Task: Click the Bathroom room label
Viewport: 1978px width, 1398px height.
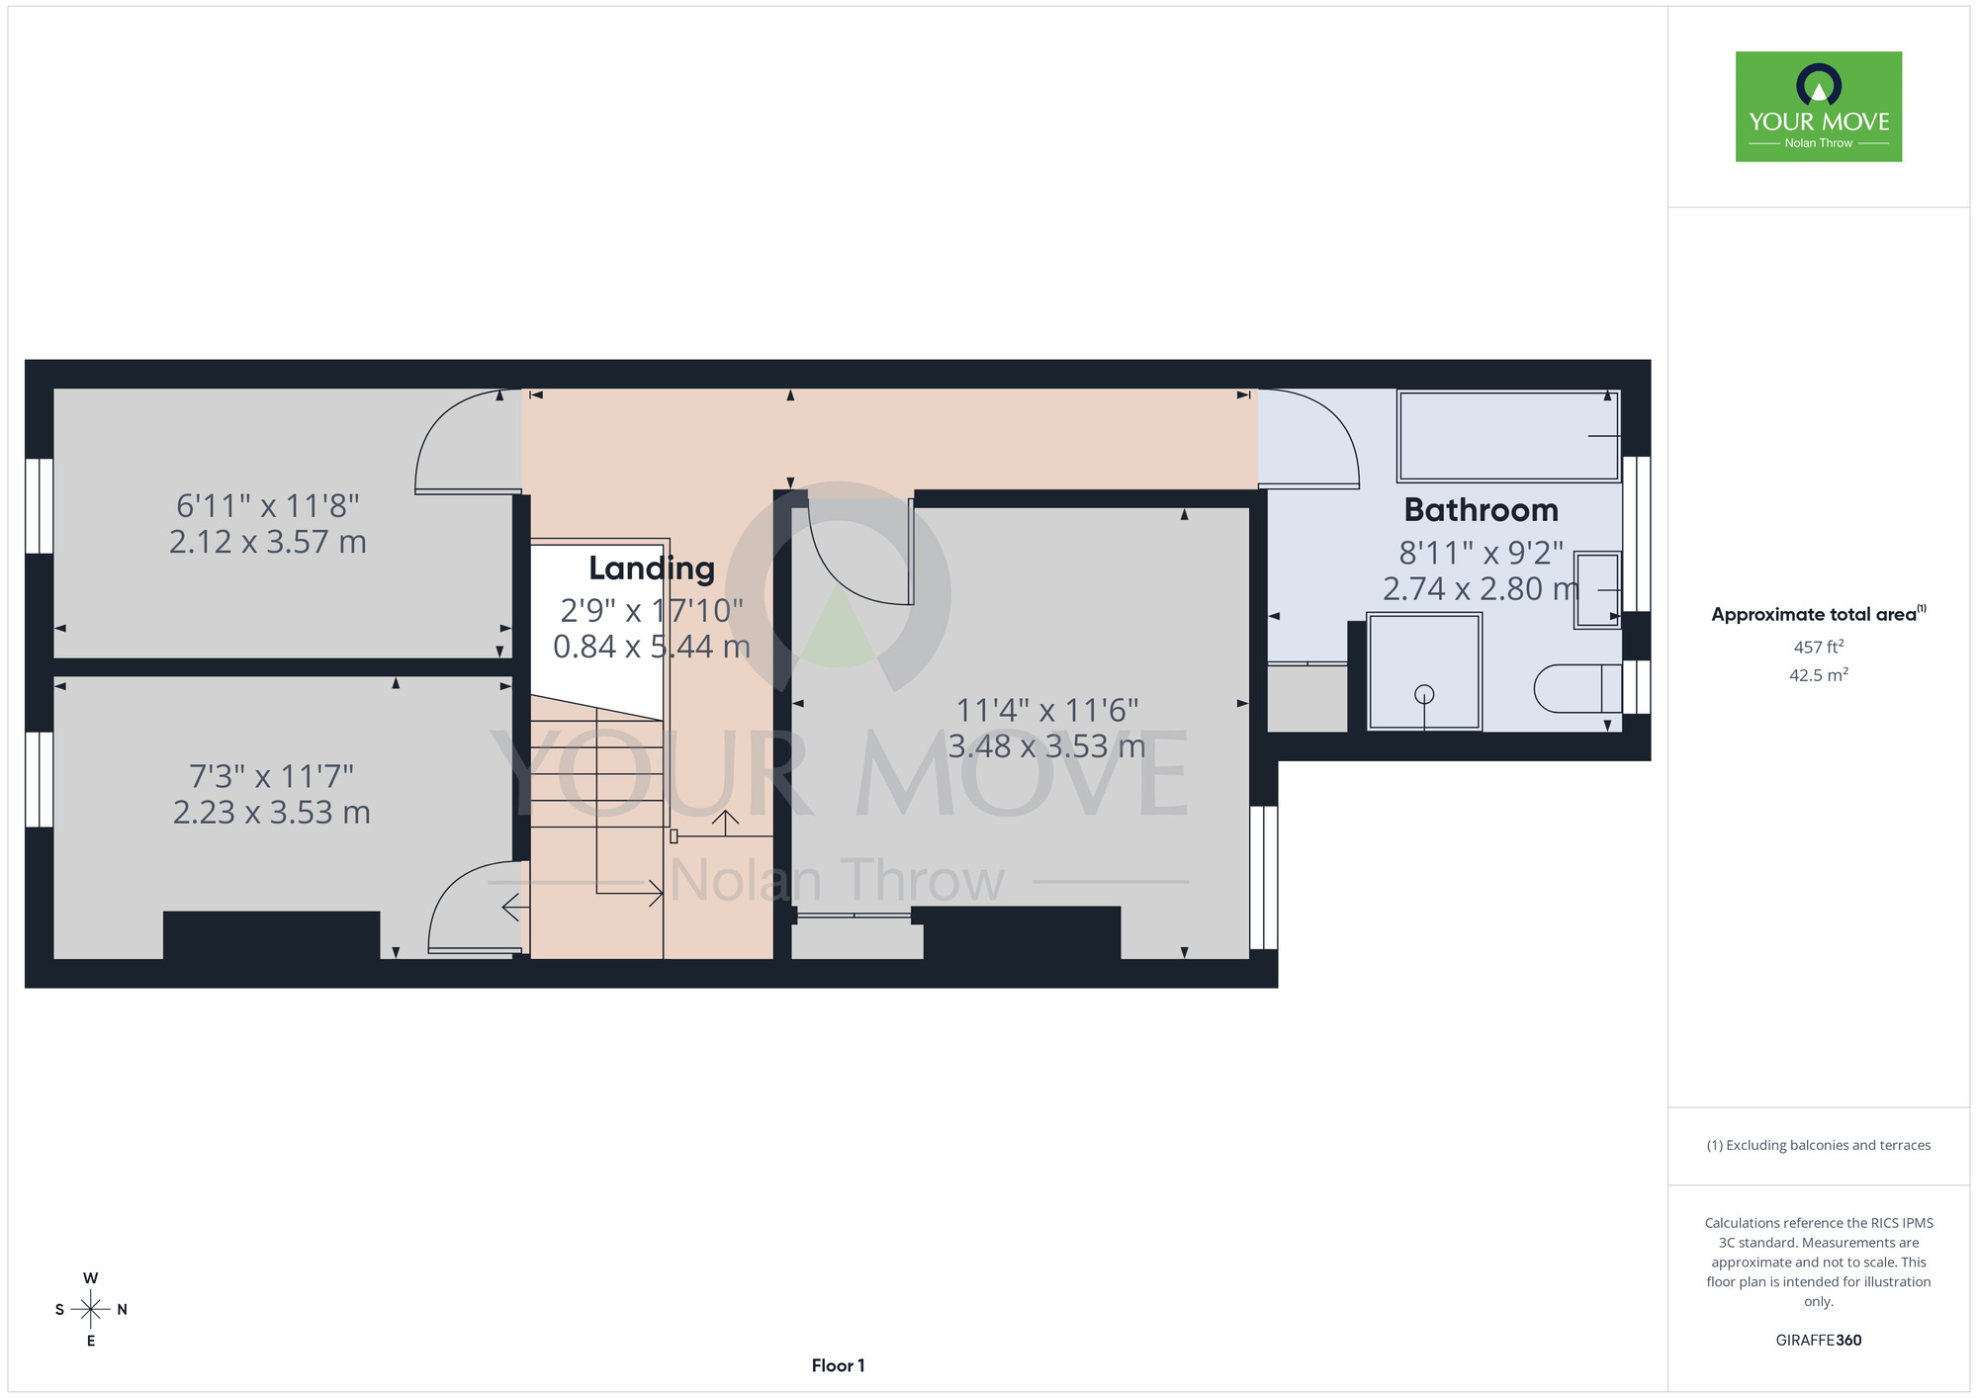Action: click(x=1481, y=510)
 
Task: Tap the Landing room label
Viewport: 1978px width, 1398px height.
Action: click(x=652, y=568)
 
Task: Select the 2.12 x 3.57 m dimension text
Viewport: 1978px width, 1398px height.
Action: click(x=268, y=542)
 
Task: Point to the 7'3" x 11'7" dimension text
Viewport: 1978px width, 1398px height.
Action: click(x=271, y=776)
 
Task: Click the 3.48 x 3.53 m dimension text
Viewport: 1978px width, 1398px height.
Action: click(x=1047, y=745)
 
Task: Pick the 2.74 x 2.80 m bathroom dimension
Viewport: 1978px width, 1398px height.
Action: click(x=1481, y=588)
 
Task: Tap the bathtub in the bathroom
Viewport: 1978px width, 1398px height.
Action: click(x=1509, y=436)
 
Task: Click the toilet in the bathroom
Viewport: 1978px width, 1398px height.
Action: click(x=1577, y=688)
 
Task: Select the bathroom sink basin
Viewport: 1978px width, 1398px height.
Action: click(x=1597, y=590)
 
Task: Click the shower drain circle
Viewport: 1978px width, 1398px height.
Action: click(x=1424, y=694)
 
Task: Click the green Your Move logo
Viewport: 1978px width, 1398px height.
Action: click(x=1819, y=107)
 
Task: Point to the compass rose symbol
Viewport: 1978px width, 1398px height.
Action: click(x=91, y=1309)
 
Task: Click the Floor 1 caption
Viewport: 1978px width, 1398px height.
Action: click(x=838, y=1365)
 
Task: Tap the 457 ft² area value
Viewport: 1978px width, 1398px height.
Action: click(x=1819, y=647)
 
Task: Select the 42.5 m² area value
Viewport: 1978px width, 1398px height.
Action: click(x=1819, y=675)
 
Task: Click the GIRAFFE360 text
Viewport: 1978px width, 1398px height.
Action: click(x=1819, y=1341)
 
